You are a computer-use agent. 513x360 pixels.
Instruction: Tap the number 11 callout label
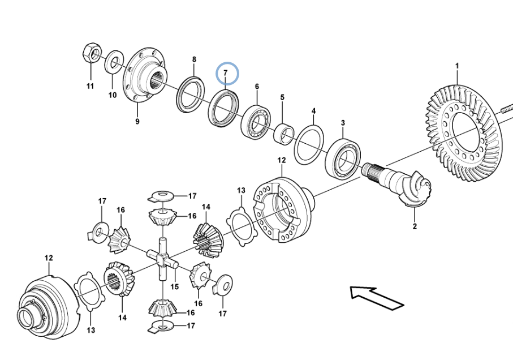(x=90, y=86)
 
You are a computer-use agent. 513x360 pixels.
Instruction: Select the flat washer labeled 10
(x=114, y=63)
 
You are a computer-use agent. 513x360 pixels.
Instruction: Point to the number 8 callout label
(x=194, y=59)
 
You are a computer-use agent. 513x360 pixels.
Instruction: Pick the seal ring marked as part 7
(x=223, y=108)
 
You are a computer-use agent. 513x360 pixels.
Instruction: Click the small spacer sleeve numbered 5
(x=283, y=134)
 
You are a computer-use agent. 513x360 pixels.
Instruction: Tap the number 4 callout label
(x=313, y=111)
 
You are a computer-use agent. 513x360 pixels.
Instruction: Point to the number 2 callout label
(x=415, y=226)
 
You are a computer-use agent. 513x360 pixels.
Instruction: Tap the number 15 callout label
(x=175, y=286)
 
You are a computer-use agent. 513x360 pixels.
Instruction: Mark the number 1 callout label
(x=457, y=66)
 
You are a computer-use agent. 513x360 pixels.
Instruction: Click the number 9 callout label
(x=137, y=122)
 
